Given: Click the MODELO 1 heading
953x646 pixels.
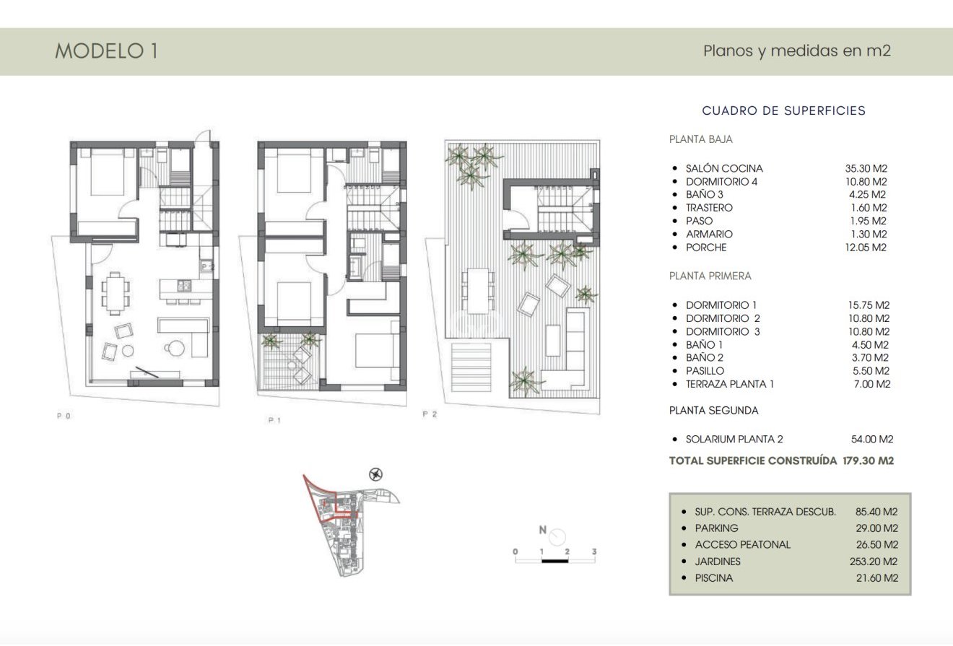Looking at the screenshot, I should pos(106,51).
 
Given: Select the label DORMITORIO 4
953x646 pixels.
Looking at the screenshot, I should pos(721,182).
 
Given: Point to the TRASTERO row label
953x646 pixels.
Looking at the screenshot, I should pos(709,208).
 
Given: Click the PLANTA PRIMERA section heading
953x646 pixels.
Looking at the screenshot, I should pos(710,276).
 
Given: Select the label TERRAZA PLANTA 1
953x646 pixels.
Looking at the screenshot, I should pos(729,384).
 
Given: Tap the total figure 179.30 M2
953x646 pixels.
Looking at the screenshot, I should pos(868,461).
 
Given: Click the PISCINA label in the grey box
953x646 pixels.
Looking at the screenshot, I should pos(713,578).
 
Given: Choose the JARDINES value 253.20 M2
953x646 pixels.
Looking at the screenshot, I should pos(874,562).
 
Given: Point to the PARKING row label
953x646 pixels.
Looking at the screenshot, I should pos(716,528).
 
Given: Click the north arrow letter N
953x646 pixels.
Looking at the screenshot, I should pos(542,530).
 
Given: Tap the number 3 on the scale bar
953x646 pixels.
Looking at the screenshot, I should pos(594,551).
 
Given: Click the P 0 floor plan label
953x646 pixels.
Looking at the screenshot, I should pos(64,416).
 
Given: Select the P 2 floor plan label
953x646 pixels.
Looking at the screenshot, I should pos(430,414).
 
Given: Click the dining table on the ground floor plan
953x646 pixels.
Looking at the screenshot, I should pos(116,292).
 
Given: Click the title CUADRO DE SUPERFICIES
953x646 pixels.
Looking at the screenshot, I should pos(783,110).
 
